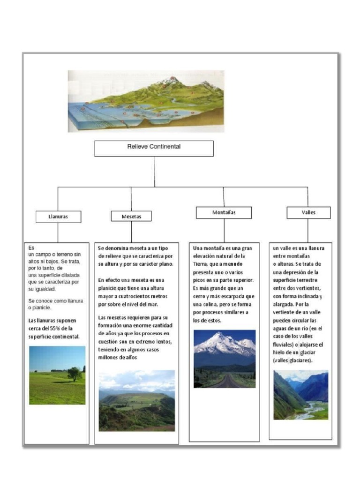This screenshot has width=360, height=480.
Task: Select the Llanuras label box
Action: tap(58, 217)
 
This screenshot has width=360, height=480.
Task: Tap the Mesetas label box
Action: tap(131, 216)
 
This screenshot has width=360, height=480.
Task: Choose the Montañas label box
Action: tap(224, 213)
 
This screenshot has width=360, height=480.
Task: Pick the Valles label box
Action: tap(308, 213)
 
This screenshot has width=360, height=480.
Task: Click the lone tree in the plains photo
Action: tap(74, 373)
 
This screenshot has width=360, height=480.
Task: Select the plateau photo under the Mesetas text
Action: tap(136, 400)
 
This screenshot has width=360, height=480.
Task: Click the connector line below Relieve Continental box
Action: tap(154, 171)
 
